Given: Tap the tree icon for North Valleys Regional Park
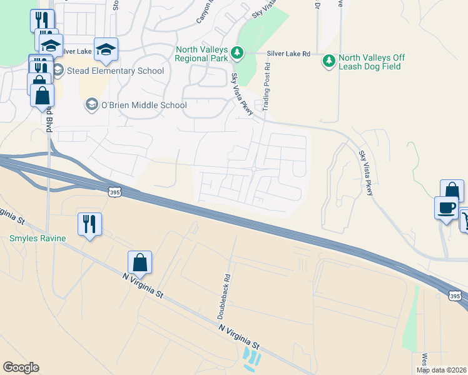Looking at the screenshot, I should point(237,53).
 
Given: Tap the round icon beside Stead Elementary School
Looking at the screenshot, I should point(58,70).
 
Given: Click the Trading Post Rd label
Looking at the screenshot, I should point(267,87).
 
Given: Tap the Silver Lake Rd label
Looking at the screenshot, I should point(288,54).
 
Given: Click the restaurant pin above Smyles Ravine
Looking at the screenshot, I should point(89,224).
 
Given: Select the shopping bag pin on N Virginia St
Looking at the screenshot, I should point(140,262).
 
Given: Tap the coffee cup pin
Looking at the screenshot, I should point(447,207).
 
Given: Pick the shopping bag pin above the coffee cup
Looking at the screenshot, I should point(452,191).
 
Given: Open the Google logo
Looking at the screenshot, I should point(21,367).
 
